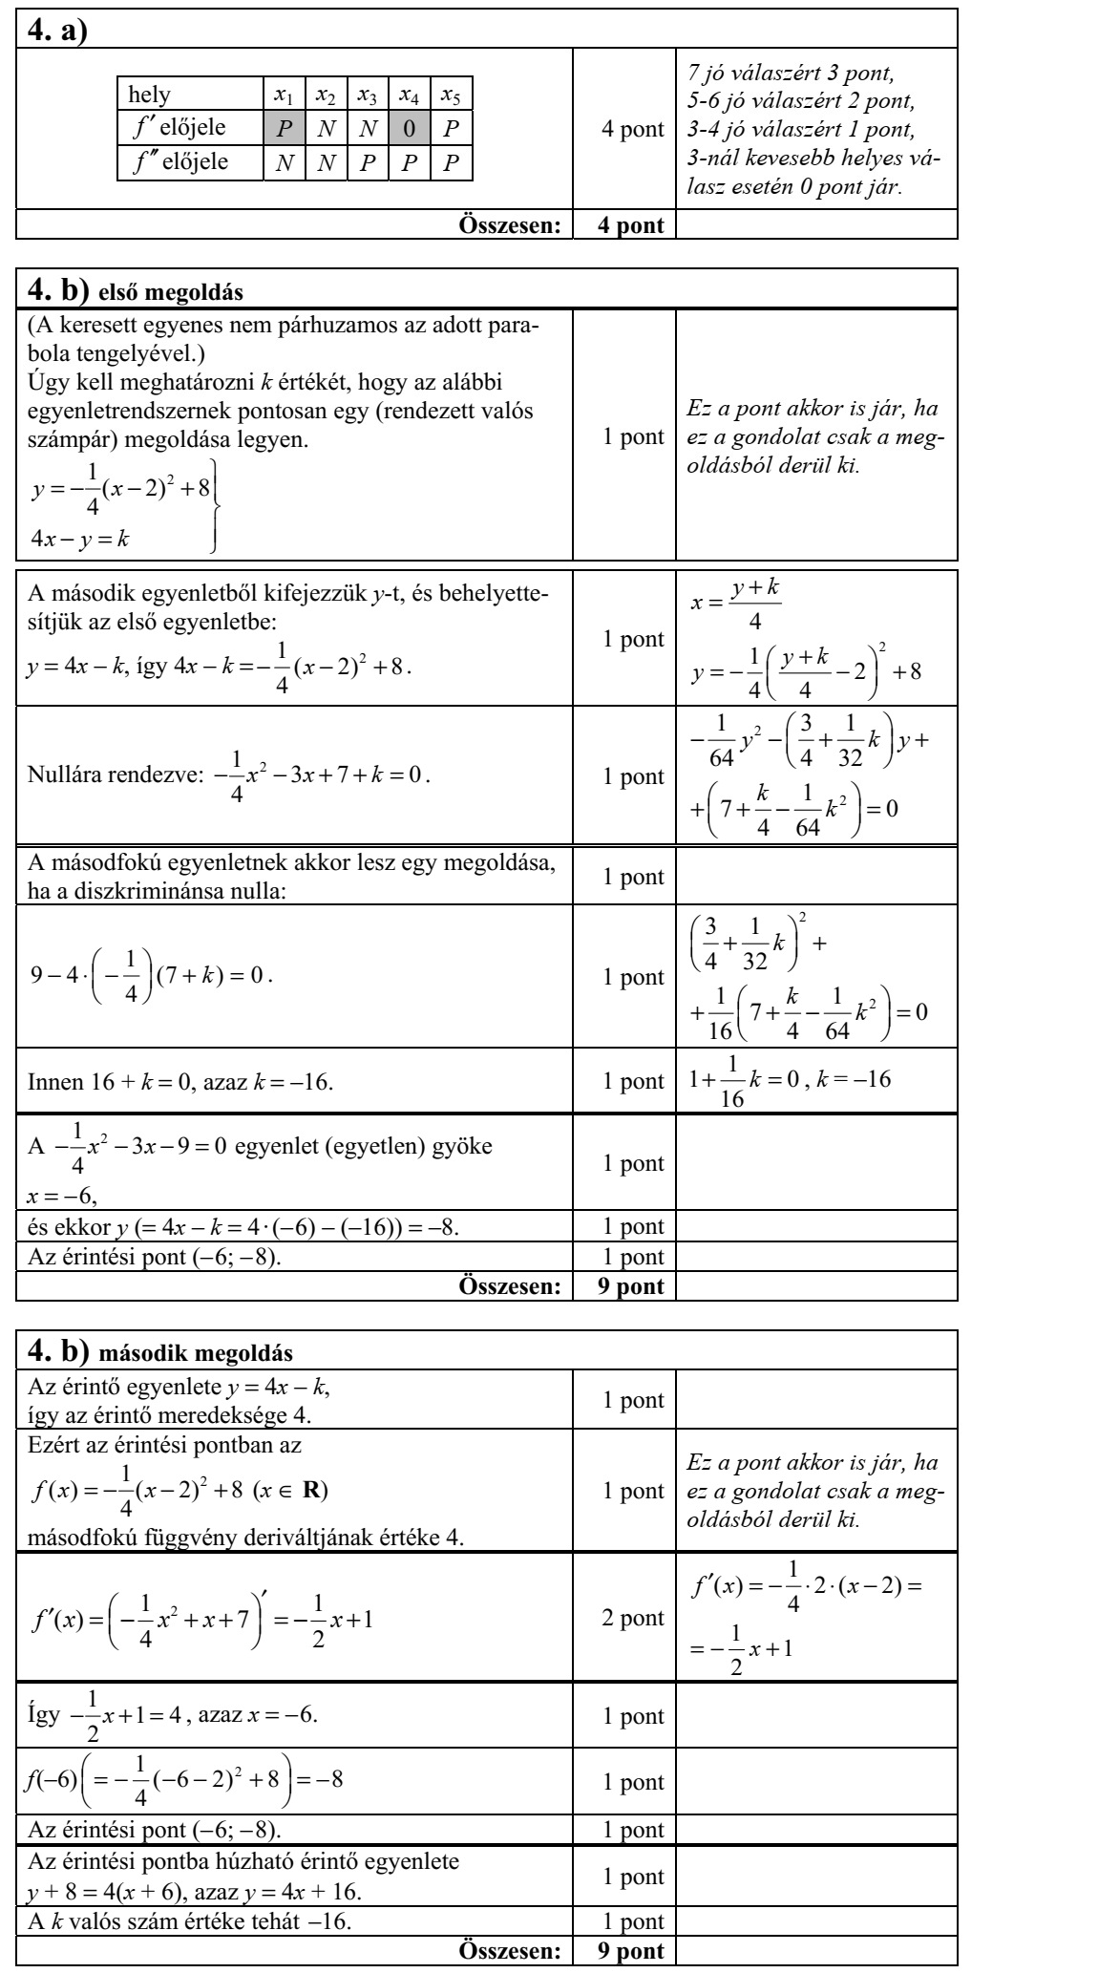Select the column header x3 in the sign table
(367, 95)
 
